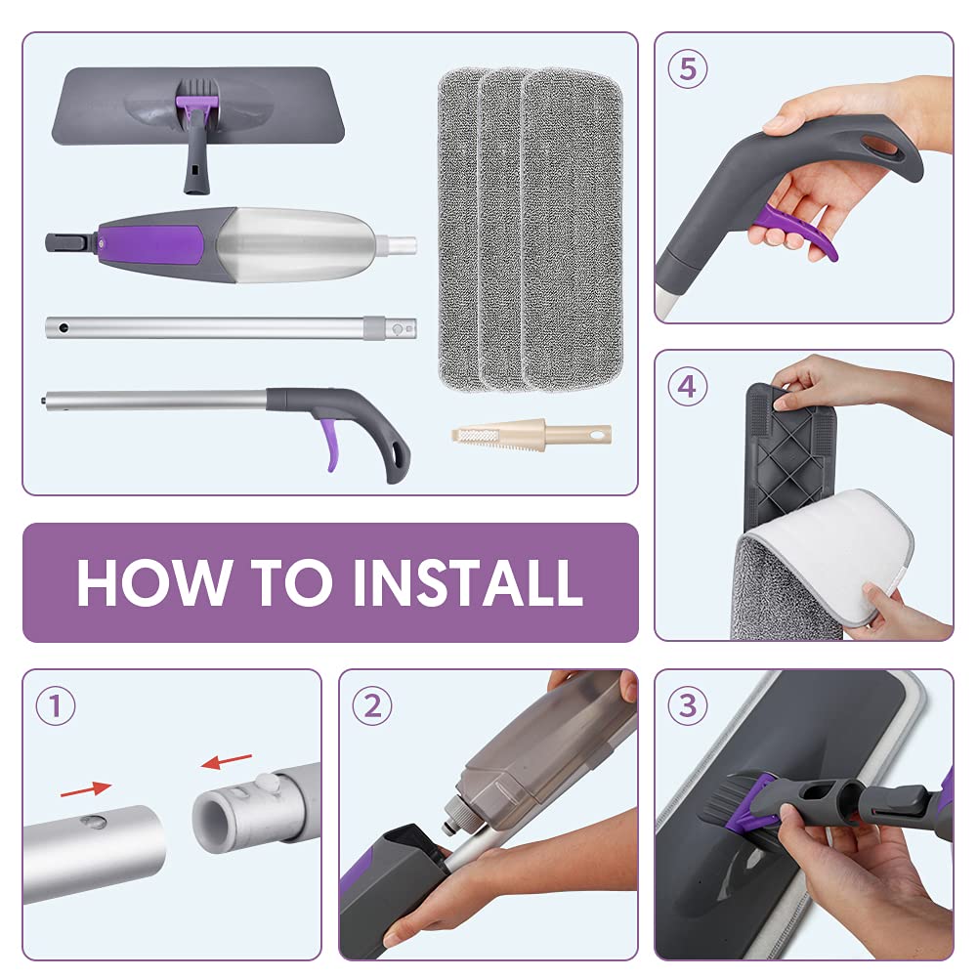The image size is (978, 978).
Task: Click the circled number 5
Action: pos(688,68)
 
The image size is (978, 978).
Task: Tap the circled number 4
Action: pos(688,386)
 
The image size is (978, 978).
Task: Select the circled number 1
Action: pos(56,706)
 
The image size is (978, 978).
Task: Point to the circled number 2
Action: pos(371,706)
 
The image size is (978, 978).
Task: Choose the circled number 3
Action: pos(688,706)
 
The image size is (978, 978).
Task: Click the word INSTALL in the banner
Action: pos(468,582)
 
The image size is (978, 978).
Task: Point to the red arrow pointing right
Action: pos(85,789)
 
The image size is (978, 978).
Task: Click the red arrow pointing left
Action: pos(227,761)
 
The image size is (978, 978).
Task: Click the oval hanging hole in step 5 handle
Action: pos(880,146)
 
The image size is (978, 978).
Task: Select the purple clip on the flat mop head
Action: pos(197,105)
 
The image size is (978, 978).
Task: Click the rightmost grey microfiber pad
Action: pos(572,229)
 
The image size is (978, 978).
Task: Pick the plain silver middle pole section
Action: pos(231,327)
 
